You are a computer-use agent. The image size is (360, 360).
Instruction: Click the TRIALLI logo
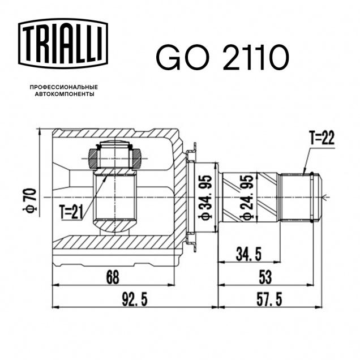[x=63, y=44]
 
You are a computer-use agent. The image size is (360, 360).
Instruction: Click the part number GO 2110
[x=222, y=57]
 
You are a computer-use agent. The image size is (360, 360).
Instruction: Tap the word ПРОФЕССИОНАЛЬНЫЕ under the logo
[x=64, y=87]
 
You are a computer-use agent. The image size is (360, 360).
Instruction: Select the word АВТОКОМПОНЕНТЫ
[x=65, y=94]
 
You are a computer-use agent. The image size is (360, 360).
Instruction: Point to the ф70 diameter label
[x=29, y=200]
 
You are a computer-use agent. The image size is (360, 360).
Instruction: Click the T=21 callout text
[x=71, y=212]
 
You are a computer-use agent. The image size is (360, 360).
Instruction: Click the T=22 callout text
[x=322, y=138]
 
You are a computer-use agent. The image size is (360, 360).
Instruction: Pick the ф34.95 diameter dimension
[x=206, y=198]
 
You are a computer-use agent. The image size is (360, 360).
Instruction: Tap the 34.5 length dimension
[x=248, y=254]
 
